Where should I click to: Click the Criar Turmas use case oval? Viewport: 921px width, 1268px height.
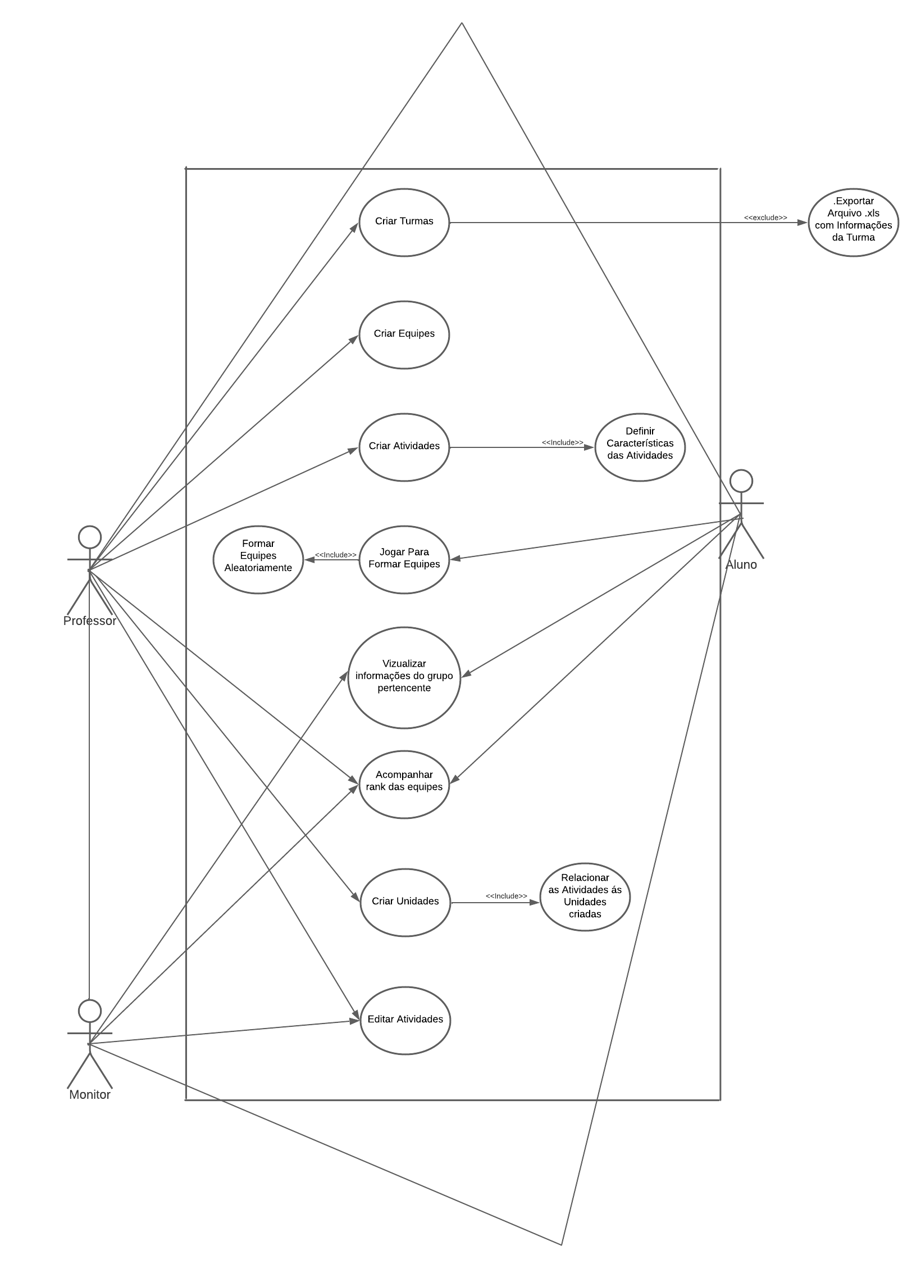(404, 222)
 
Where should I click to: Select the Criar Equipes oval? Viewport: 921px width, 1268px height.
(404, 334)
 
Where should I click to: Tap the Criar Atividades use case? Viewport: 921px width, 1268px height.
(404, 447)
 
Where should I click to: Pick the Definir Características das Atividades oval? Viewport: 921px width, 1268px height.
(640, 447)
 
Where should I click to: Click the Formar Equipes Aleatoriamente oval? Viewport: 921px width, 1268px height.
(258, 559)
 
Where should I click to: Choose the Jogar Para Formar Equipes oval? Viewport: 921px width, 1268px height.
(404, 559)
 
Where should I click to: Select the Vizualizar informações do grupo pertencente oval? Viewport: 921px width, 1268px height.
(404, 677)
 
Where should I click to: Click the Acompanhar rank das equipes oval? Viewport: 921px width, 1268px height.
(404, 784)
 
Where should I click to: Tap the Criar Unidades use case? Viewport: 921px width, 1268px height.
(405, 902)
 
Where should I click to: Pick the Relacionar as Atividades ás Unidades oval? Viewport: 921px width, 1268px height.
(585, 896)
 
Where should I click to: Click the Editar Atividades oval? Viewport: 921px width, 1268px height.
(405, 1020)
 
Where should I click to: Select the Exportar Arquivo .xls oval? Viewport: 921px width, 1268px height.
(853, 222)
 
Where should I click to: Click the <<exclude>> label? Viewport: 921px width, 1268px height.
(765, 218)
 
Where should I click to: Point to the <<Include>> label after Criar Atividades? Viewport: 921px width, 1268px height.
(562, 442)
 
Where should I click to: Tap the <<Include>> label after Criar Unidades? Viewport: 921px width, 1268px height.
(506, 896)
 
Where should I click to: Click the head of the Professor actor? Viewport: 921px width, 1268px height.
(90, 537)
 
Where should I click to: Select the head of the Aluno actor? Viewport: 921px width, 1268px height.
(741, 481)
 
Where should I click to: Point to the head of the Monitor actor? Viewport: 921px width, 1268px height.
(90, 1011)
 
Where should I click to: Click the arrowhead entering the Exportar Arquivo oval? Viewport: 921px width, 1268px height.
(803, 223)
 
